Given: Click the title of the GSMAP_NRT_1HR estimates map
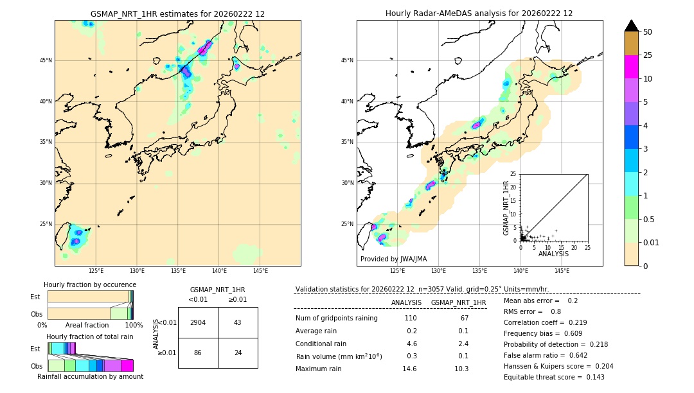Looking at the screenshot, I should (177, 13).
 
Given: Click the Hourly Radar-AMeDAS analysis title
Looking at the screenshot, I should (479, 13).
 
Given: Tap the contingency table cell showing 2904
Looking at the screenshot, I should (198, 322).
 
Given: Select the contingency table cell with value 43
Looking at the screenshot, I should (238, 322).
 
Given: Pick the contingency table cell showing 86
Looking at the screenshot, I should (198, 353).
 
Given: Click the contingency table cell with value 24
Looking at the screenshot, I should (238, 353).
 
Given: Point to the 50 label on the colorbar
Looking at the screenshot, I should (648, 32).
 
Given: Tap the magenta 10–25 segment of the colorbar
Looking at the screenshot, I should (631, 67).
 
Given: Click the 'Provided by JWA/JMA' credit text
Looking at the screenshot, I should (393, 259).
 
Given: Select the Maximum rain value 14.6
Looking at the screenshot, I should (409, 369).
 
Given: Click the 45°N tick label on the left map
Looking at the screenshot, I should (45, 60).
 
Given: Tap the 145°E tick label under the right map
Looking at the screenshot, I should (562, 272).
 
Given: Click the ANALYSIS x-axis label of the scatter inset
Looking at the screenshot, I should (553, 254).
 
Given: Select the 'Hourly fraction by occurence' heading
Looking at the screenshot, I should (90, 284).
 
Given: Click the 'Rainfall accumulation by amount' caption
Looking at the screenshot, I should (91, 376).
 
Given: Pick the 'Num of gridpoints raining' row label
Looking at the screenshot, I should (337, 319).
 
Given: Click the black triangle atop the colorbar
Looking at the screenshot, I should (631, 26).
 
